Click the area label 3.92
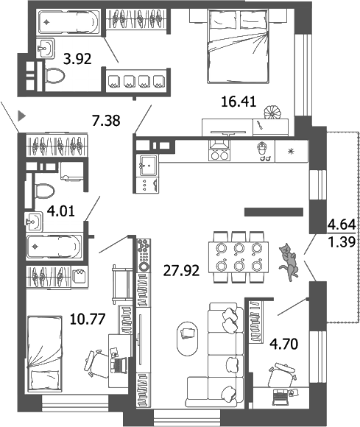[77, 59]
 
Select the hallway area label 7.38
[106, 119]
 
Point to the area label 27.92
[177, 268]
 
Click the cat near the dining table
[289, 260]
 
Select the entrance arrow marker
[22, 115]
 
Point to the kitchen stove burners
[219, 155]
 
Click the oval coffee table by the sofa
[187, 336]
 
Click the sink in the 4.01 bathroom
[33, 221]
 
